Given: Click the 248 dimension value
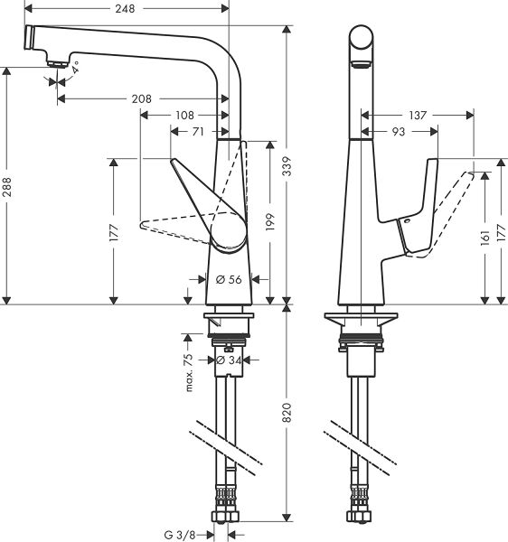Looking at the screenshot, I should pos(126,9).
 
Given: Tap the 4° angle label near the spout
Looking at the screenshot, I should pos(76,67).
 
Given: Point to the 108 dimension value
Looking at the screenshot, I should pos(184,115).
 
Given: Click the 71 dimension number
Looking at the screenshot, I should pos(196,132).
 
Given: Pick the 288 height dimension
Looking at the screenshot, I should pos(7,187).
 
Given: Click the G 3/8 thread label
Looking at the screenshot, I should pos(180,535).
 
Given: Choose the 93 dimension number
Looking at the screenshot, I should pos(399,133).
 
